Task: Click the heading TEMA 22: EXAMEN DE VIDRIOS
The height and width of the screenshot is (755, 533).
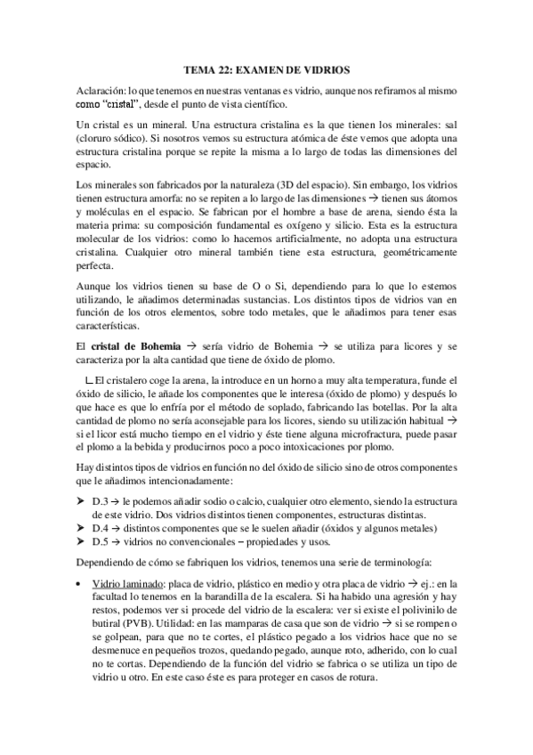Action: pos(266,69)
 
